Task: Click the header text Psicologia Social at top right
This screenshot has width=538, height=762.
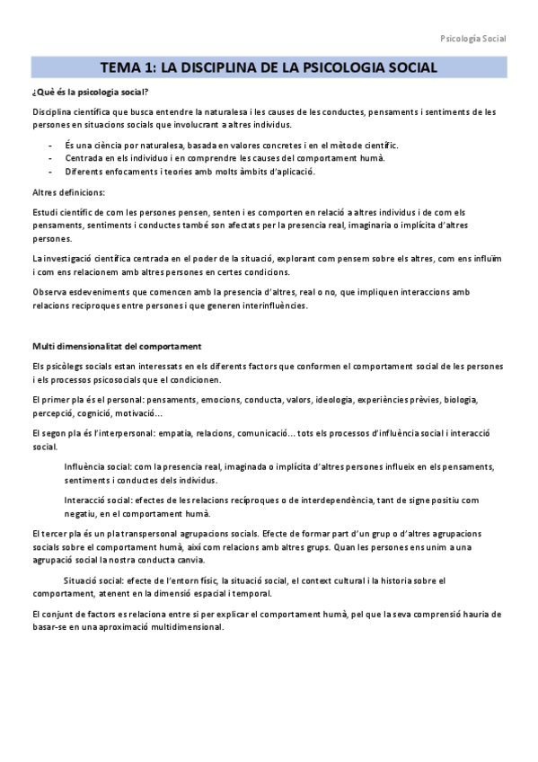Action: coord(473,39)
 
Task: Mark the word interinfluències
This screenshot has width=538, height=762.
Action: coord(269,305)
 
